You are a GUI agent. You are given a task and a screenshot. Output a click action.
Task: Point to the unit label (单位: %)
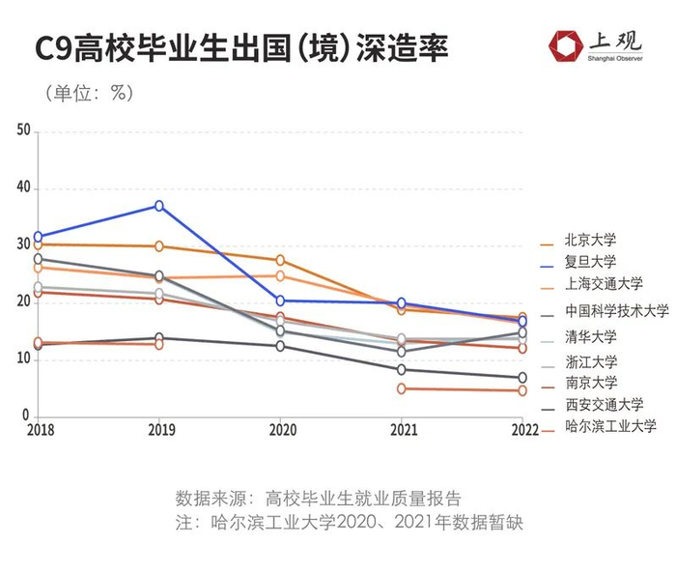coord(86,94)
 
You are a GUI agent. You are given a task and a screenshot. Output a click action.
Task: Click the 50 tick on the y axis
coord(24,131)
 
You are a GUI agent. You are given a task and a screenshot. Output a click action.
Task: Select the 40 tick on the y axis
coord(24,188)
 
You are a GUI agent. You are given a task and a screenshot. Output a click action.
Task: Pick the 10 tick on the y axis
coord(24,359)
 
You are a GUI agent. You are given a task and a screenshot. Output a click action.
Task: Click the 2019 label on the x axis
coord(158,428)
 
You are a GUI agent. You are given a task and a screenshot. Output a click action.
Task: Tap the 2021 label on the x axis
coord(402,428)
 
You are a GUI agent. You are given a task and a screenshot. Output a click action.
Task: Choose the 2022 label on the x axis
coord(522,428)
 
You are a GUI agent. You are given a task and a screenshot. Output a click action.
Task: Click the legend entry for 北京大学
coord(590,240)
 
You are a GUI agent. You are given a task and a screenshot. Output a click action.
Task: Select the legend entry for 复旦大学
coord(590,261)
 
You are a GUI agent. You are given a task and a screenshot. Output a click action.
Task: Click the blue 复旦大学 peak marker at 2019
coord(159,206)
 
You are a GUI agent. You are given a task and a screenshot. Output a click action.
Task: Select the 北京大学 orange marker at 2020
coord(280,260)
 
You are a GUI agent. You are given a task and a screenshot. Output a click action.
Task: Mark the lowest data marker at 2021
coord(402,388)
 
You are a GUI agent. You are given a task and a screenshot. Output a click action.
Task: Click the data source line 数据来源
coord(319,499)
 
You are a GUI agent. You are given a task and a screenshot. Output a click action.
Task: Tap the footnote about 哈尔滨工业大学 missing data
coord(349,523)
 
